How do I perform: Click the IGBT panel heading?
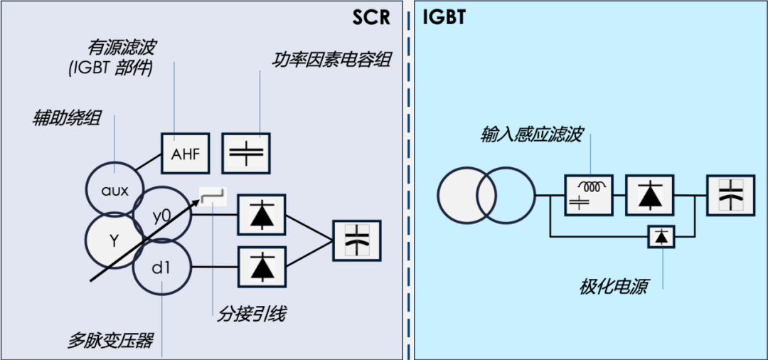(444, 17)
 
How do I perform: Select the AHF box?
(185, 153)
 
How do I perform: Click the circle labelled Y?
(114, 240)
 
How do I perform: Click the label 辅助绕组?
(66, 118)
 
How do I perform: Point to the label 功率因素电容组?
(331, 59)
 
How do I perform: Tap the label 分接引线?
(251, 314)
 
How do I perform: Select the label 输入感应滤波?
(531, 134)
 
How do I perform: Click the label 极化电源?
(614, 287)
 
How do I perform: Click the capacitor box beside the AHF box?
(247, 153)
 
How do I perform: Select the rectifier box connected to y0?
(262, 214)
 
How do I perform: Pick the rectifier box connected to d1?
(262, 267)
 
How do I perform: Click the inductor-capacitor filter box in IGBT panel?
(588, 195)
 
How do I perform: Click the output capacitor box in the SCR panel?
(357, 241)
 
